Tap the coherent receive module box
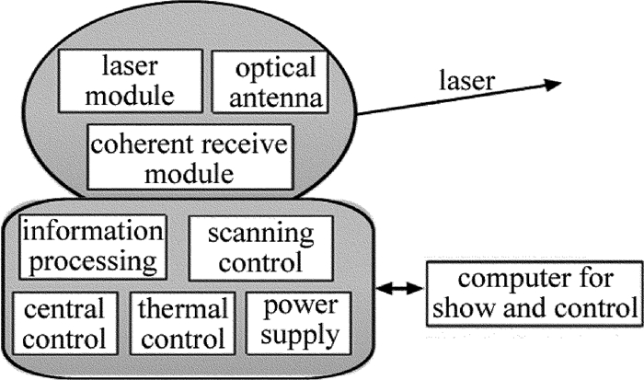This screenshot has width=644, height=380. (189, 156)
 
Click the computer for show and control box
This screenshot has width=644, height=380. (533, 293)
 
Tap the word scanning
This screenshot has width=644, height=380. (268, 233)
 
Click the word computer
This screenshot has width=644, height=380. (503, 278)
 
